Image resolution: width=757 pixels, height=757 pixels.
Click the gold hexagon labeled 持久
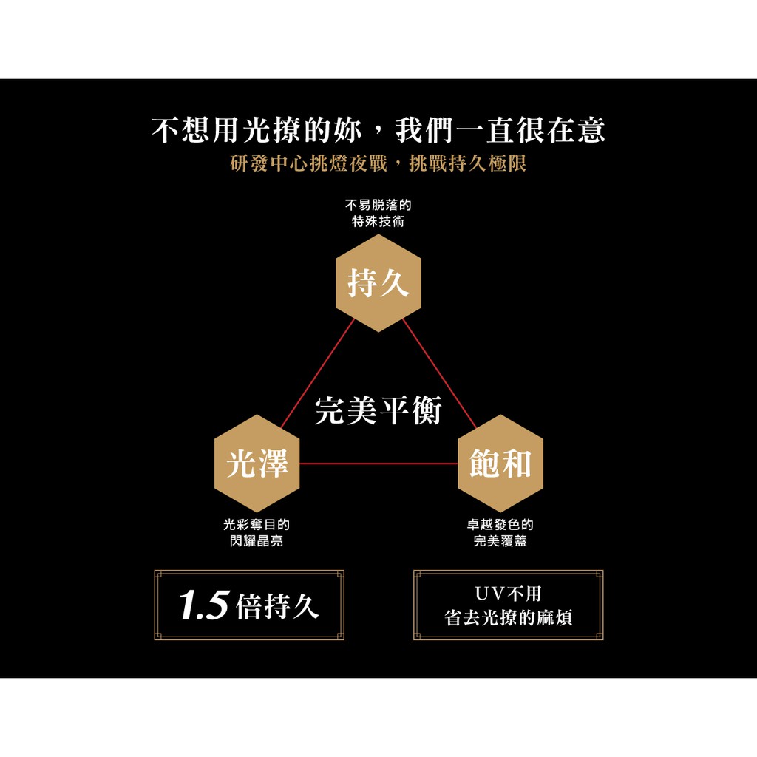pyautogui.click(x=378, y=283)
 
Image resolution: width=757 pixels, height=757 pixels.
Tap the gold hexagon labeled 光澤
pyautogui.click(x=257, y=464)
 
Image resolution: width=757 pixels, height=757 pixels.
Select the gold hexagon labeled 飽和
pyautogui.click(x=500, y=464)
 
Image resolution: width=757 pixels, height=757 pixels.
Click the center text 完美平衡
pyautogui.click(x=378, y=410)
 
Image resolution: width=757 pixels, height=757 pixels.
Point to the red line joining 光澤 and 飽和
pyautogui.click(x=378, y=464)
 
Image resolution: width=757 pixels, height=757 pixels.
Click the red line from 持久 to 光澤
pyautogui.click(x=317, y=373)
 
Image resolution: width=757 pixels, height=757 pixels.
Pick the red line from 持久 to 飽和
pyautogui.click(x=439, y=373)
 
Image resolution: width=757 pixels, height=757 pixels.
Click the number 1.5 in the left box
pyautogui.click(x=204, y=605)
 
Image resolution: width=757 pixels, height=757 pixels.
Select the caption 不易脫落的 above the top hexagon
pyautogui.click(x=378, y=206)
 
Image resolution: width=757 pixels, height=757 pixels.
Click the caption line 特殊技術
pyautogui.click(x=378, y=222)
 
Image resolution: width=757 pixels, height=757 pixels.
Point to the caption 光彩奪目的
pyautogui.click(x=257, y=524)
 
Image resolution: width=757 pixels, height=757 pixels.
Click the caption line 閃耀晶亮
pyautogui.click(x=257, y=540)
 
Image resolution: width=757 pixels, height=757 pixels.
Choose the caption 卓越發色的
pyautogui.click(x=500, y=524)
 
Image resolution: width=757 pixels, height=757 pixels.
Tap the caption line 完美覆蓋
pyautogui.click(x=500, y=540)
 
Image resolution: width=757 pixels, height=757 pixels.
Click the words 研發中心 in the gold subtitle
pyautogui.click(x=269, y=163)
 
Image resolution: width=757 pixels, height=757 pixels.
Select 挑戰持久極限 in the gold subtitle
pyautogui.click(x=468, y=163)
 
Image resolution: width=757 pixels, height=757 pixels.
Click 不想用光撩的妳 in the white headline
pyautogui.click(x=257, y=130)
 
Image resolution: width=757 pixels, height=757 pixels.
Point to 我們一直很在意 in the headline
pyautogui.click(x=500, y=130)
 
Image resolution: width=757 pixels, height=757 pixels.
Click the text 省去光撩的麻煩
pyautogui.click(x=509, y=618)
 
